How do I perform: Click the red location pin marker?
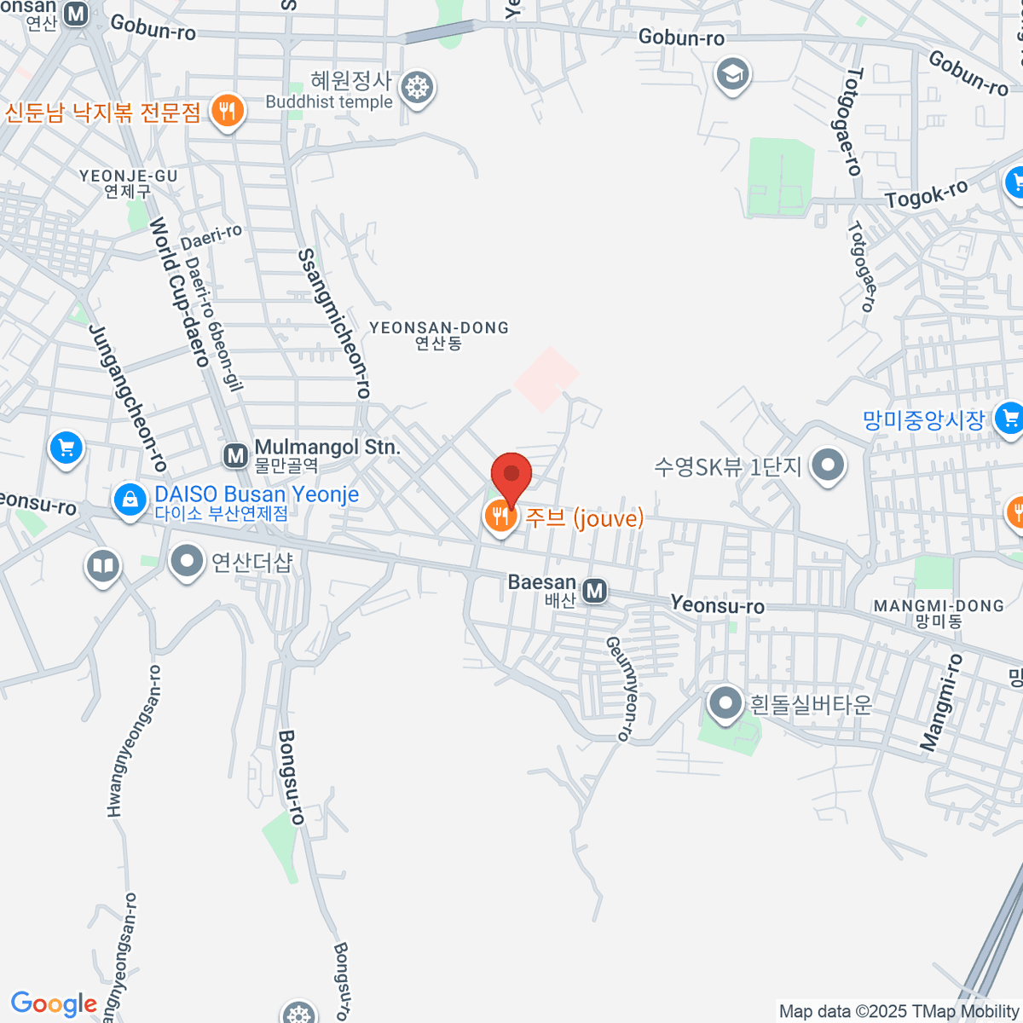click(x=511, y=474)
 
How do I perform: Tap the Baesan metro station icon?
click(x=594, y=590)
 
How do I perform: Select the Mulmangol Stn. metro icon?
click(x=235, y=456)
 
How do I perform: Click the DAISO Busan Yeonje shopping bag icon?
click(x=130, y=499)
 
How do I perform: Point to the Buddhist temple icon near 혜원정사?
click(x=417, y=87)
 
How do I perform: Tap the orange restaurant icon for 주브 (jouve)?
click(x=500, y=516)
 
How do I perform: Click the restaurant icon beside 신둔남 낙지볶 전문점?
click(x=227, y=111)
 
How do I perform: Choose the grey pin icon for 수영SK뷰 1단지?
click(x=827, y=465)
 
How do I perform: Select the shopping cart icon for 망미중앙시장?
click(x=1009, y=419)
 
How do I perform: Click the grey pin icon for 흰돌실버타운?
click(x=725, y=704)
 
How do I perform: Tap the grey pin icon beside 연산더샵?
click(x=186, y=561)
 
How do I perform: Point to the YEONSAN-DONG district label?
click(x=438, y=334)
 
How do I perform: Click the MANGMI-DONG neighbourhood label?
click(x=939, y=612)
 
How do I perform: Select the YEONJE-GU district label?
click(x=129, y=182)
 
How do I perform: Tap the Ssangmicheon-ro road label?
click(x=334, y=324)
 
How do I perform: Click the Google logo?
click(x=54, y=1004)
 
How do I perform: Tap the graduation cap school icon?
click(x=732, y=74)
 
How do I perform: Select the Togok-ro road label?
click(x=927, y=194)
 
